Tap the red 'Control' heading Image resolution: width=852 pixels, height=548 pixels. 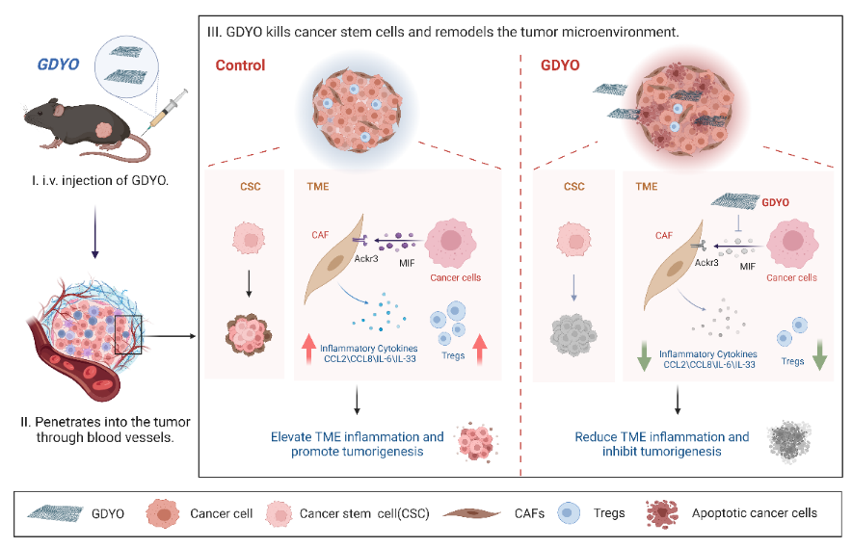point(240,65)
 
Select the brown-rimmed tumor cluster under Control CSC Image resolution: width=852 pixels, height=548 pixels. point(248,333)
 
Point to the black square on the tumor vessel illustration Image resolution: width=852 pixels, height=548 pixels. point(129,334)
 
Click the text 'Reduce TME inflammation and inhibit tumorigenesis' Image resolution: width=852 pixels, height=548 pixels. point(662,444)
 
